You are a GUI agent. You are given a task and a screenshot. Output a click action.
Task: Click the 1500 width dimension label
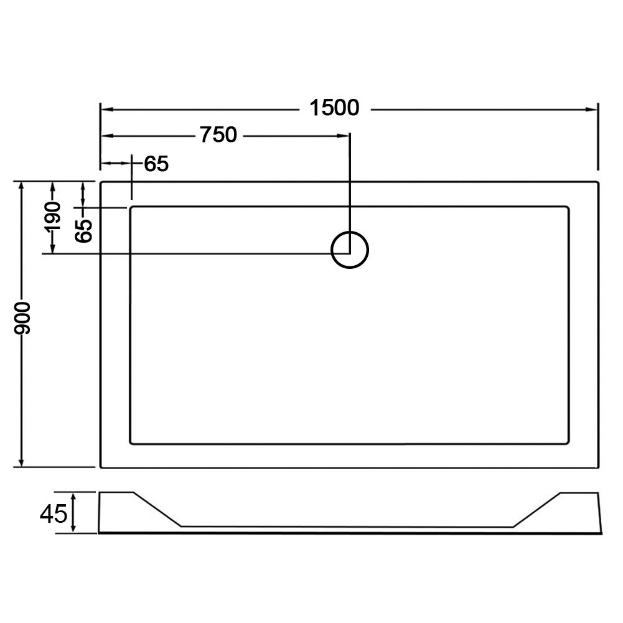334,108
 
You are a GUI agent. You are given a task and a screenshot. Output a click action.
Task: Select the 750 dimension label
218,134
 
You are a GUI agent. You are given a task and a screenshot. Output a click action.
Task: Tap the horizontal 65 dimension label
156,163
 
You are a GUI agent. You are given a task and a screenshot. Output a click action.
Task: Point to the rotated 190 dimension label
52,216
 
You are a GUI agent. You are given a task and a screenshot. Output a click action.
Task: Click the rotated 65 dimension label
83,230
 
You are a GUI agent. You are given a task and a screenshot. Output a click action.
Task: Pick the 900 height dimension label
22,318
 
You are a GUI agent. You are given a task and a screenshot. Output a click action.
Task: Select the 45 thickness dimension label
54,515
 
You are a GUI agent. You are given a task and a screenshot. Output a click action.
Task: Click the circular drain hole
350,250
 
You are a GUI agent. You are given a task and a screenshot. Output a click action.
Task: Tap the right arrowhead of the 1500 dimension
592,109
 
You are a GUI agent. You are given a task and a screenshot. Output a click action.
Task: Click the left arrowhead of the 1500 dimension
107,109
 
